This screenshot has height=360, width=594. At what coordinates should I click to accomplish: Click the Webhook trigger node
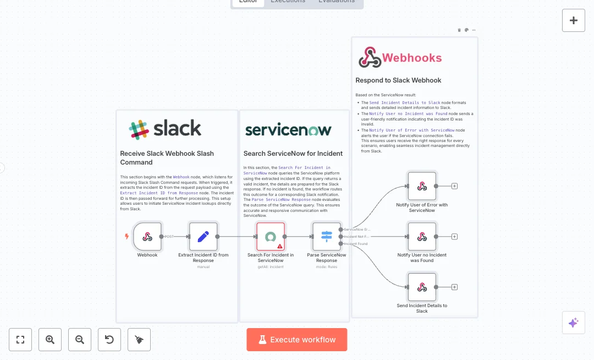[147, 237]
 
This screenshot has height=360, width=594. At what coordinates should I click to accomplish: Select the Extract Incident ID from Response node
[203, 237]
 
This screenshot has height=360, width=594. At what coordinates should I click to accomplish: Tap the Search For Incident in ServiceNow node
[271, 237]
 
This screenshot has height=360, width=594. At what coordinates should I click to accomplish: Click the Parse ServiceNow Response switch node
[327, 237]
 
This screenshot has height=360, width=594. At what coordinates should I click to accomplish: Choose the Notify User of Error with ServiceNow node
[422, 186]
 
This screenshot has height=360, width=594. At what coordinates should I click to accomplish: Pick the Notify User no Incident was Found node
[422, 237]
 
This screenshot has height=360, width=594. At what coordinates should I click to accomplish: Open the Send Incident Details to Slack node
[422, 287]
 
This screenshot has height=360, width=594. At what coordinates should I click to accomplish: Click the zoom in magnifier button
[50, 340]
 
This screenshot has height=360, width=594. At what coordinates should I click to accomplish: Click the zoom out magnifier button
[80, 340]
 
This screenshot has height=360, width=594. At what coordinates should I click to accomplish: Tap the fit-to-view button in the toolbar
[20, 340]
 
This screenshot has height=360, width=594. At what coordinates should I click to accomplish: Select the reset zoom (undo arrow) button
[109, 340]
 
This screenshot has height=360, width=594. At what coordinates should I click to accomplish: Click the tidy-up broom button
[139, 340]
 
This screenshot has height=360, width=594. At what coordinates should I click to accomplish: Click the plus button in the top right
[574, 20]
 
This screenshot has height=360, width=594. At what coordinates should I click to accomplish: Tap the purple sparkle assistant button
[573, 323]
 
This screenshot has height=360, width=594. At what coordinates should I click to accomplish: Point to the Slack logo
[165, 129]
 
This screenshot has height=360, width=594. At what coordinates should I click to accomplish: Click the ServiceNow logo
[288, 130]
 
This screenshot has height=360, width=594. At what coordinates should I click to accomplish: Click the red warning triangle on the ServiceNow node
[280, 247]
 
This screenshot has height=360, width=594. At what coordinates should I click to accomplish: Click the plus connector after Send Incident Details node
[455, 287]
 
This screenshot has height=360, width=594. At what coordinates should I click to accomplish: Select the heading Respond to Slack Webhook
[398, 80]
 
